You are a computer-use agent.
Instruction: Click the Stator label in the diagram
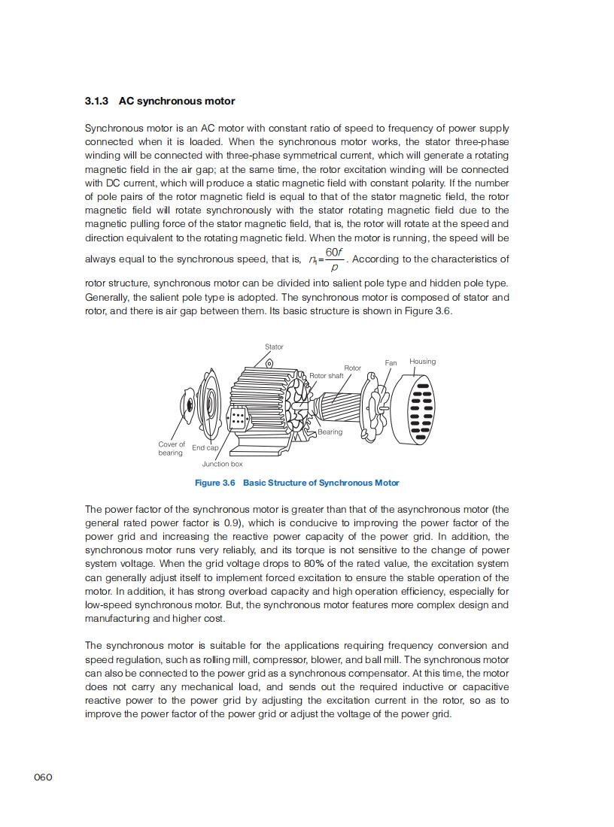pos(274,347)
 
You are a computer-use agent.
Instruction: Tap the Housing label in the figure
pos(422,362)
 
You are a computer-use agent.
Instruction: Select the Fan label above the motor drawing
pos(391,363)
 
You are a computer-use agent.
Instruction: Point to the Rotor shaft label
pos(327,376)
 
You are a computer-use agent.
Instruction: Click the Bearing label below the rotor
pos(330,432)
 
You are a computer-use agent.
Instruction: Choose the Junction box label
pos(222,464)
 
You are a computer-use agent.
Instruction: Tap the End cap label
pos(205,448)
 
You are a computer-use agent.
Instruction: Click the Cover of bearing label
pos(171,449)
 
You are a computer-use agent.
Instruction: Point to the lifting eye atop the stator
pos(269,364)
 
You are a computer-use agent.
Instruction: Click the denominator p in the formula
pos(334,268)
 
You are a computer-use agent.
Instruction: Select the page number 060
pos(43,777)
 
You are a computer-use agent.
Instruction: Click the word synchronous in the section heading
pos(174,101)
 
